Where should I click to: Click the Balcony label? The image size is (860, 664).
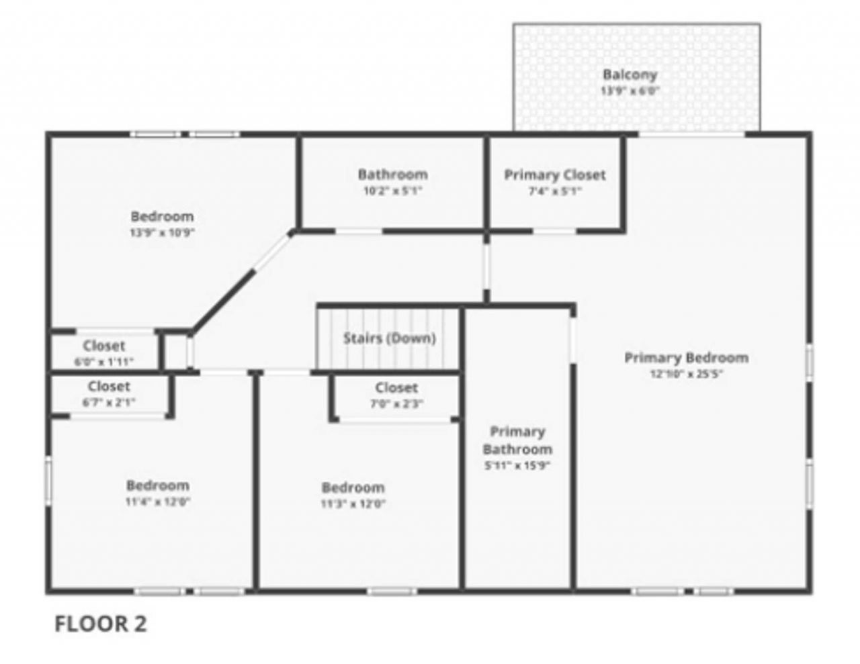tap(629, 75)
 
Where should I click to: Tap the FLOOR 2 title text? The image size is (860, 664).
tap(100, 624)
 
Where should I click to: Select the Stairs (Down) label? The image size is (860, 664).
tap(389, 338)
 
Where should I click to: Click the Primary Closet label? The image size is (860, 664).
tap(555, 175)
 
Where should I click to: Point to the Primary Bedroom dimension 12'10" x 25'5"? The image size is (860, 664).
tap(686, 374)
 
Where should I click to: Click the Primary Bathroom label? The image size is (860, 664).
tap(517, 440)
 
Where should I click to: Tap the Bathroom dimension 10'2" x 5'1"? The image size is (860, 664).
tap(392, 191)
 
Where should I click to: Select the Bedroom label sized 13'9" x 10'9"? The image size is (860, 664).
tap(162, 216)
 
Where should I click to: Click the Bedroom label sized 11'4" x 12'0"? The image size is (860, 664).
tap(157, 485)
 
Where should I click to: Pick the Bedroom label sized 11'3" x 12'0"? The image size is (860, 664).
tap(353, 487)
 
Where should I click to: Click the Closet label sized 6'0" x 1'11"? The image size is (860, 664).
tap(104, 346)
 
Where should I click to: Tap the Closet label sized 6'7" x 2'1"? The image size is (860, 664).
tap(109, 387)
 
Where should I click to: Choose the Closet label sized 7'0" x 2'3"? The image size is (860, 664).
tap(396, 387)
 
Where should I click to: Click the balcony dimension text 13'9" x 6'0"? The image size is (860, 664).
tap(630, 91)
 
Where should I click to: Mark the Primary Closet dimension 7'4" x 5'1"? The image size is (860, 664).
tap(555, 191)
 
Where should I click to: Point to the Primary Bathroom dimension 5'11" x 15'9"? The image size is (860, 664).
tap(517, 465)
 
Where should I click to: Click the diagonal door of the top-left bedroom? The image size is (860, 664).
tap(272, 252)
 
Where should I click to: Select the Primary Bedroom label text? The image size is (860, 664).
tap(686, 357)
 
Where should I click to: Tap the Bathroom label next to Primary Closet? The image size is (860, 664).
tap(392, 175)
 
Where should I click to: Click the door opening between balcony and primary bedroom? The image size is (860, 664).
tap(691, 134)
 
